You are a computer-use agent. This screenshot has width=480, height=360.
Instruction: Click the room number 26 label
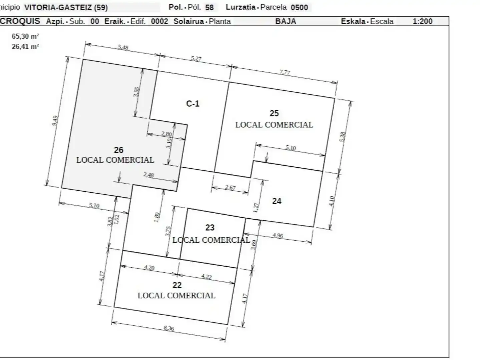point(119,150)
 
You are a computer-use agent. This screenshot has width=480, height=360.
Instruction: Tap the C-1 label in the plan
point(193,104)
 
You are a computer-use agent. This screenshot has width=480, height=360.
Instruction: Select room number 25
point(274,113)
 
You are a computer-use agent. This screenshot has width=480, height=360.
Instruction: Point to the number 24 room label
point(277,201)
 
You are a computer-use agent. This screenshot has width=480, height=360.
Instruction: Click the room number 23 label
point(210,228)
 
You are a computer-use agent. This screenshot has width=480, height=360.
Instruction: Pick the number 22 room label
point(177,285)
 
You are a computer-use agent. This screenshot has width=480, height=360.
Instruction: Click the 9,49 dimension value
point(55,121)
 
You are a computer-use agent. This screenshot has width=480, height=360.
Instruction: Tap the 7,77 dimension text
point(285,72)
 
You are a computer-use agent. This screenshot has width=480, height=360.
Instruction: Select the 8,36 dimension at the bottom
point(169,328)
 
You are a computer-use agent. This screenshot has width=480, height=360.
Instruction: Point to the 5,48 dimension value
point(123,47)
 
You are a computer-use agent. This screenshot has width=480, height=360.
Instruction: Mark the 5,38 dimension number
point(343,137)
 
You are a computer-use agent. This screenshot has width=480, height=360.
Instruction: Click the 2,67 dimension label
point(230,187)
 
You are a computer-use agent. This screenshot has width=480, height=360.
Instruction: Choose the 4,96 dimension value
point(278,235)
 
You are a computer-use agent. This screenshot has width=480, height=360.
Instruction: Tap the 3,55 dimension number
point(136,92)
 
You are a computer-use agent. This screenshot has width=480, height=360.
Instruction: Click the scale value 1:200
point(422,21)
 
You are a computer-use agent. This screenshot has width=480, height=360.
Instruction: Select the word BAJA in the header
point(286,21)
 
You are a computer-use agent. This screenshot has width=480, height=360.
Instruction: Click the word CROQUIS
point(20,21)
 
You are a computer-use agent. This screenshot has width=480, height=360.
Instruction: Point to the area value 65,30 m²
point(25,36)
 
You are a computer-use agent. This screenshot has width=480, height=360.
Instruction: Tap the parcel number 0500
point(299,7)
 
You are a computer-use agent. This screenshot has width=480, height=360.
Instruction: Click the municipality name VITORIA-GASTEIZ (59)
point(66,8)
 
